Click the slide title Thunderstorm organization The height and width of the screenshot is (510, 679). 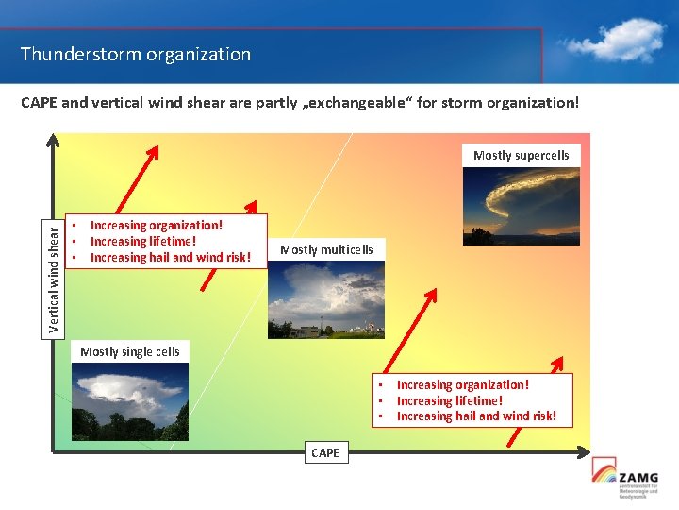136,55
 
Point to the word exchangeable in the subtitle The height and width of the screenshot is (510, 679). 361,102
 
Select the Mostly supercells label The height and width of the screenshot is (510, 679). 521,155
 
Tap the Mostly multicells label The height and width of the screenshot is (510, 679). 326,250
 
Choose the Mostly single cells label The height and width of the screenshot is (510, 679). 130,351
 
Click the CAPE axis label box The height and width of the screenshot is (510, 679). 324,453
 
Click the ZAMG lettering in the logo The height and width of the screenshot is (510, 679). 638,478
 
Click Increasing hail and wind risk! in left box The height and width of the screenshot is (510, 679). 171,258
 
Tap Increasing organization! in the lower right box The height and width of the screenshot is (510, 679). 463,384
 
